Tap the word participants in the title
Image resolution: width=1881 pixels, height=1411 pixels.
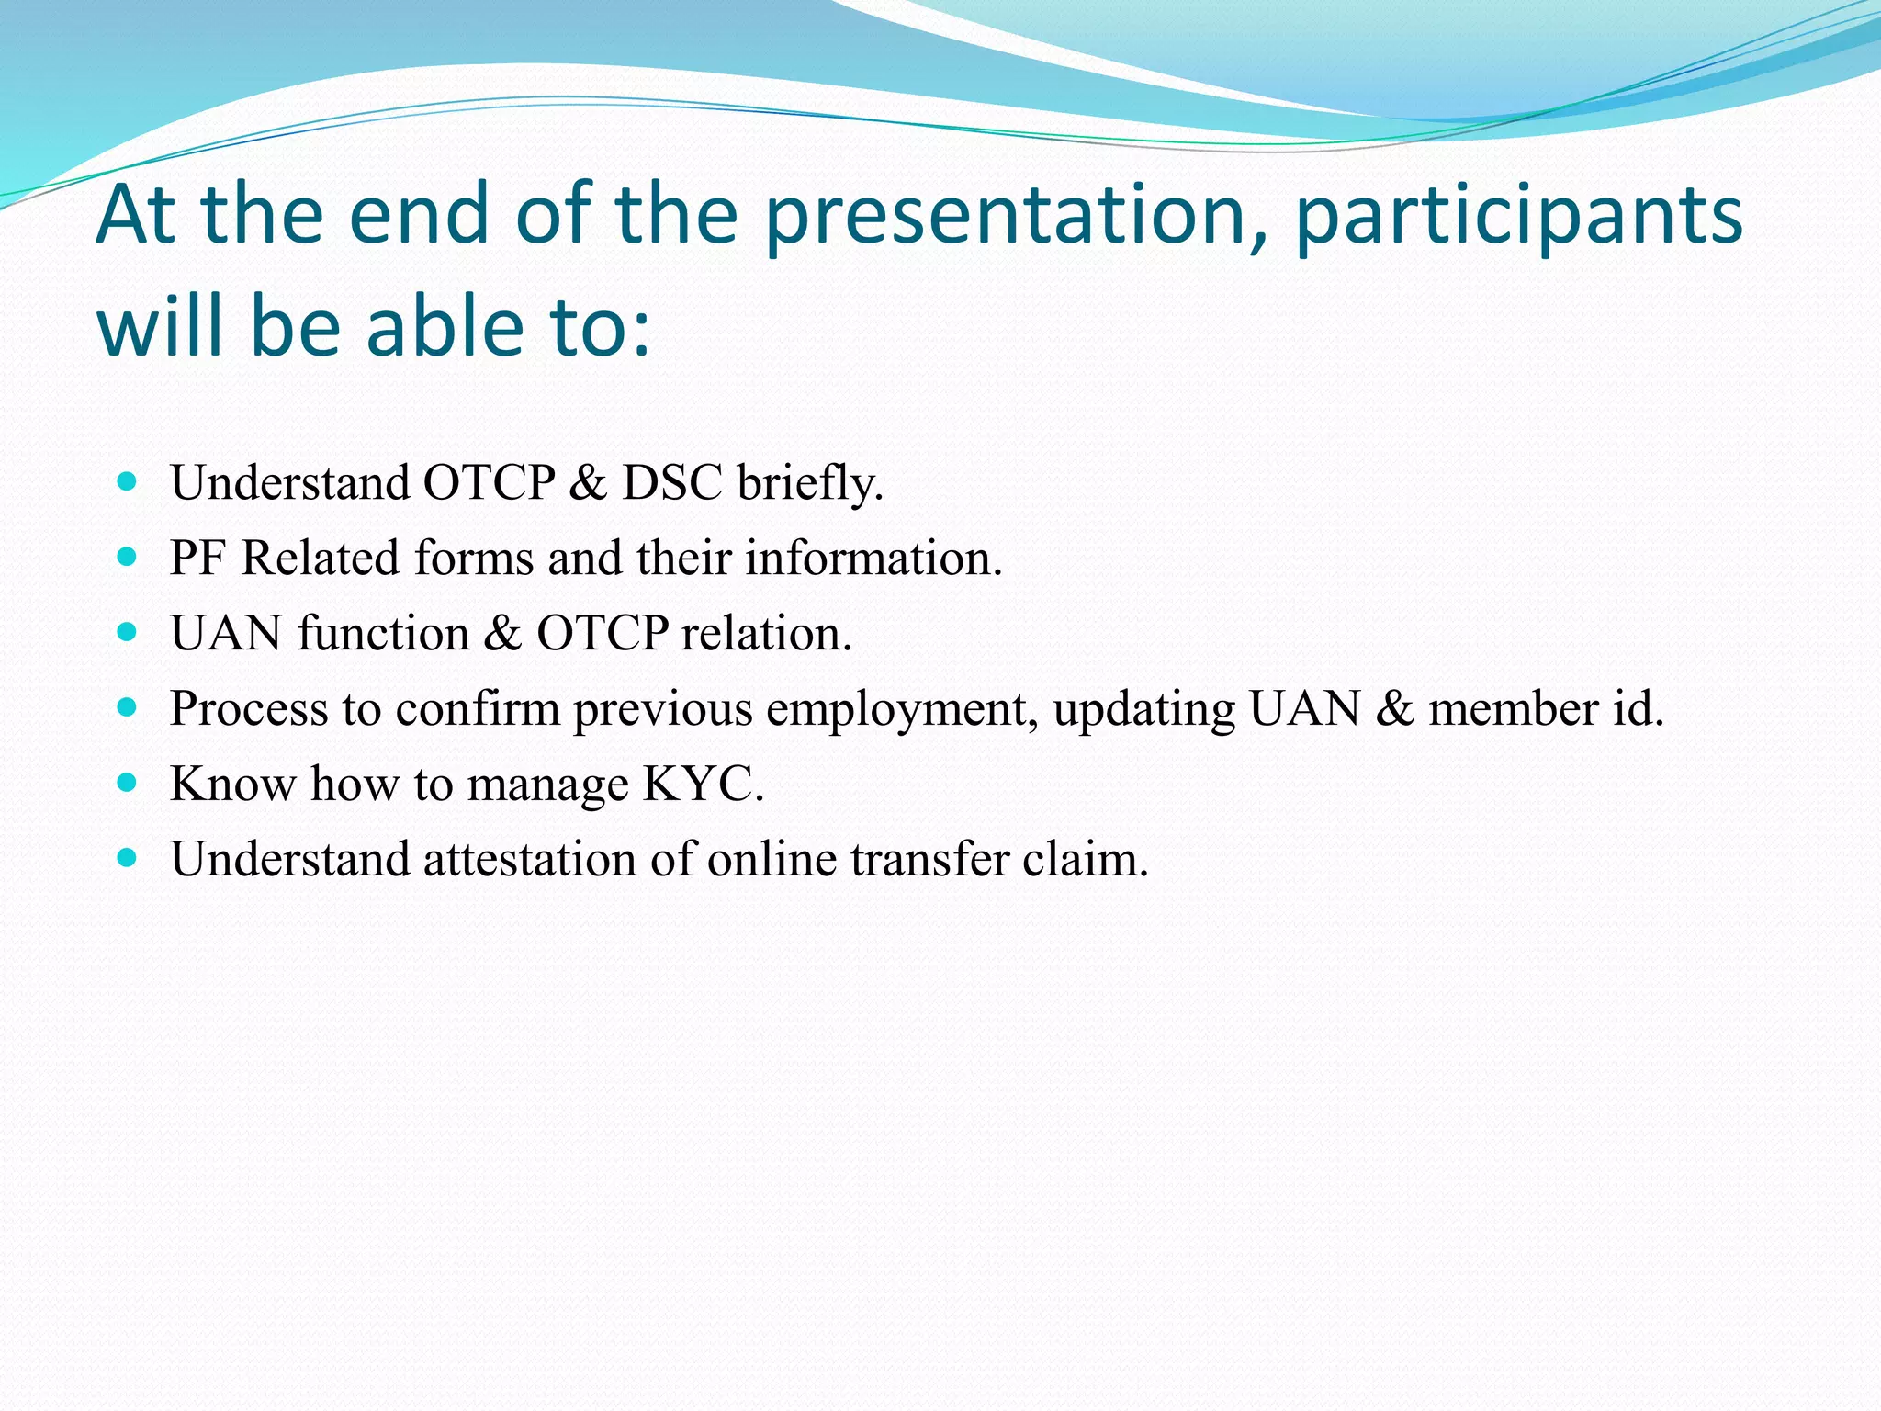[1519, 217]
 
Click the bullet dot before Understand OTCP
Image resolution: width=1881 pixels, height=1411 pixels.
[128, 481]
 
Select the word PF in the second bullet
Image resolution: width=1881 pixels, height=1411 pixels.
[197, 559]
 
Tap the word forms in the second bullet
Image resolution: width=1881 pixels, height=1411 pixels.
[473, 559]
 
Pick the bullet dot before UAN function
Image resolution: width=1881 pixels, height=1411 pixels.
[128, 632]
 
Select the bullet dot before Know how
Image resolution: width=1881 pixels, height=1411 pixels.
[128, 783]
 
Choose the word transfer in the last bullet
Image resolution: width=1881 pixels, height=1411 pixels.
[929, 860]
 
